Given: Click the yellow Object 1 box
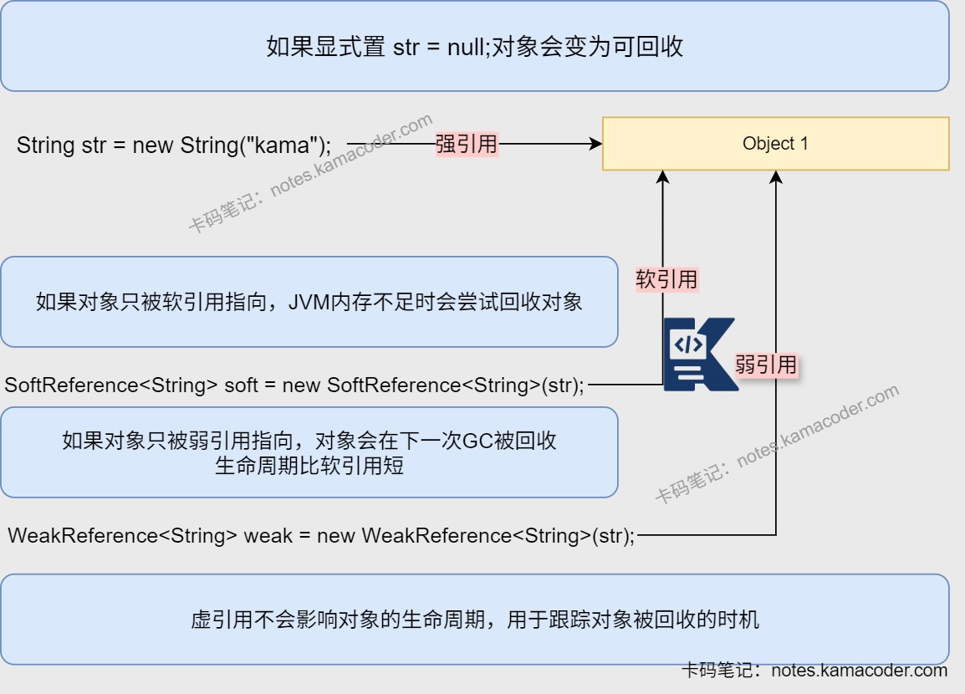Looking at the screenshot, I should tap(775, 144).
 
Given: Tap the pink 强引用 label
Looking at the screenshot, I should tap(467, 145).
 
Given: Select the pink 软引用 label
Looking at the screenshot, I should tap(666, 279).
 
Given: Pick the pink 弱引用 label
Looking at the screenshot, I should tap(766, 365).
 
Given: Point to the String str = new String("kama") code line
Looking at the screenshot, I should tap(174, 145).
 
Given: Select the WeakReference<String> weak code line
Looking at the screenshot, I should tap(321, 535).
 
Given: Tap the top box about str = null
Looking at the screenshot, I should tap(474, 46).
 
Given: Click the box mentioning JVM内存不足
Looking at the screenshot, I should tap(309, 302).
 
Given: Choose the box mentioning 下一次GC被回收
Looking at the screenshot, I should tap(309, 452).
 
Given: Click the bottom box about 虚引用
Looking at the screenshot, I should tap(474, 620).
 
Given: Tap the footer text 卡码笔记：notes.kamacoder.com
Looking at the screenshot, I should tap(814, 671).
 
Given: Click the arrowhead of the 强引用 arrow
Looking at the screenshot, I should tap(596, 145).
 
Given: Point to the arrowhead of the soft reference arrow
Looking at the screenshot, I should tap(663, 176).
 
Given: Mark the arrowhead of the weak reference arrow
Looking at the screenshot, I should tap(776, 176).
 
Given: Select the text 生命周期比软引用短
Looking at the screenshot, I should tap(309, 466).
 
